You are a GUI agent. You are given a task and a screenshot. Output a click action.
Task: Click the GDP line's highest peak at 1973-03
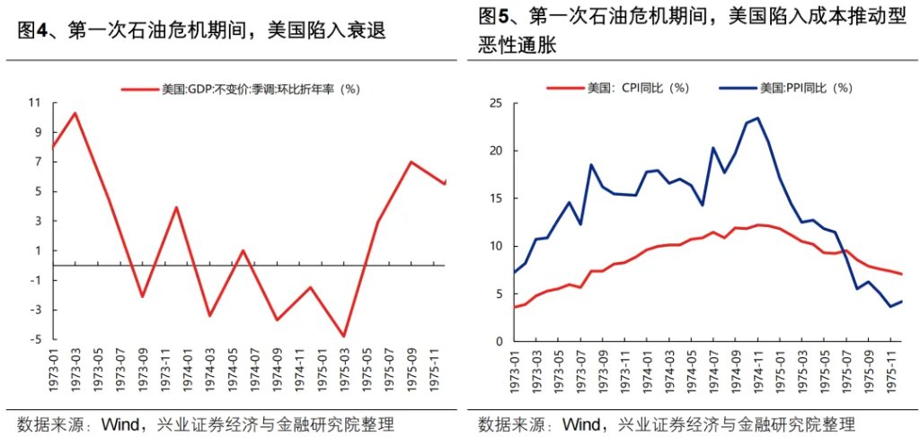point(75,113)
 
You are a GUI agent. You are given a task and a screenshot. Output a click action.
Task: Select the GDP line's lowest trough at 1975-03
point(343,336)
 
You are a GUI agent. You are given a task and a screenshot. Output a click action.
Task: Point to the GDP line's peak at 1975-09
point(411,162)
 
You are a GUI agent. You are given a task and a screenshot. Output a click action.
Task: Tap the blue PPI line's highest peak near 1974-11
point(757,118)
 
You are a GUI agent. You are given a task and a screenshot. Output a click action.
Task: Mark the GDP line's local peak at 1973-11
point(176,207)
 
